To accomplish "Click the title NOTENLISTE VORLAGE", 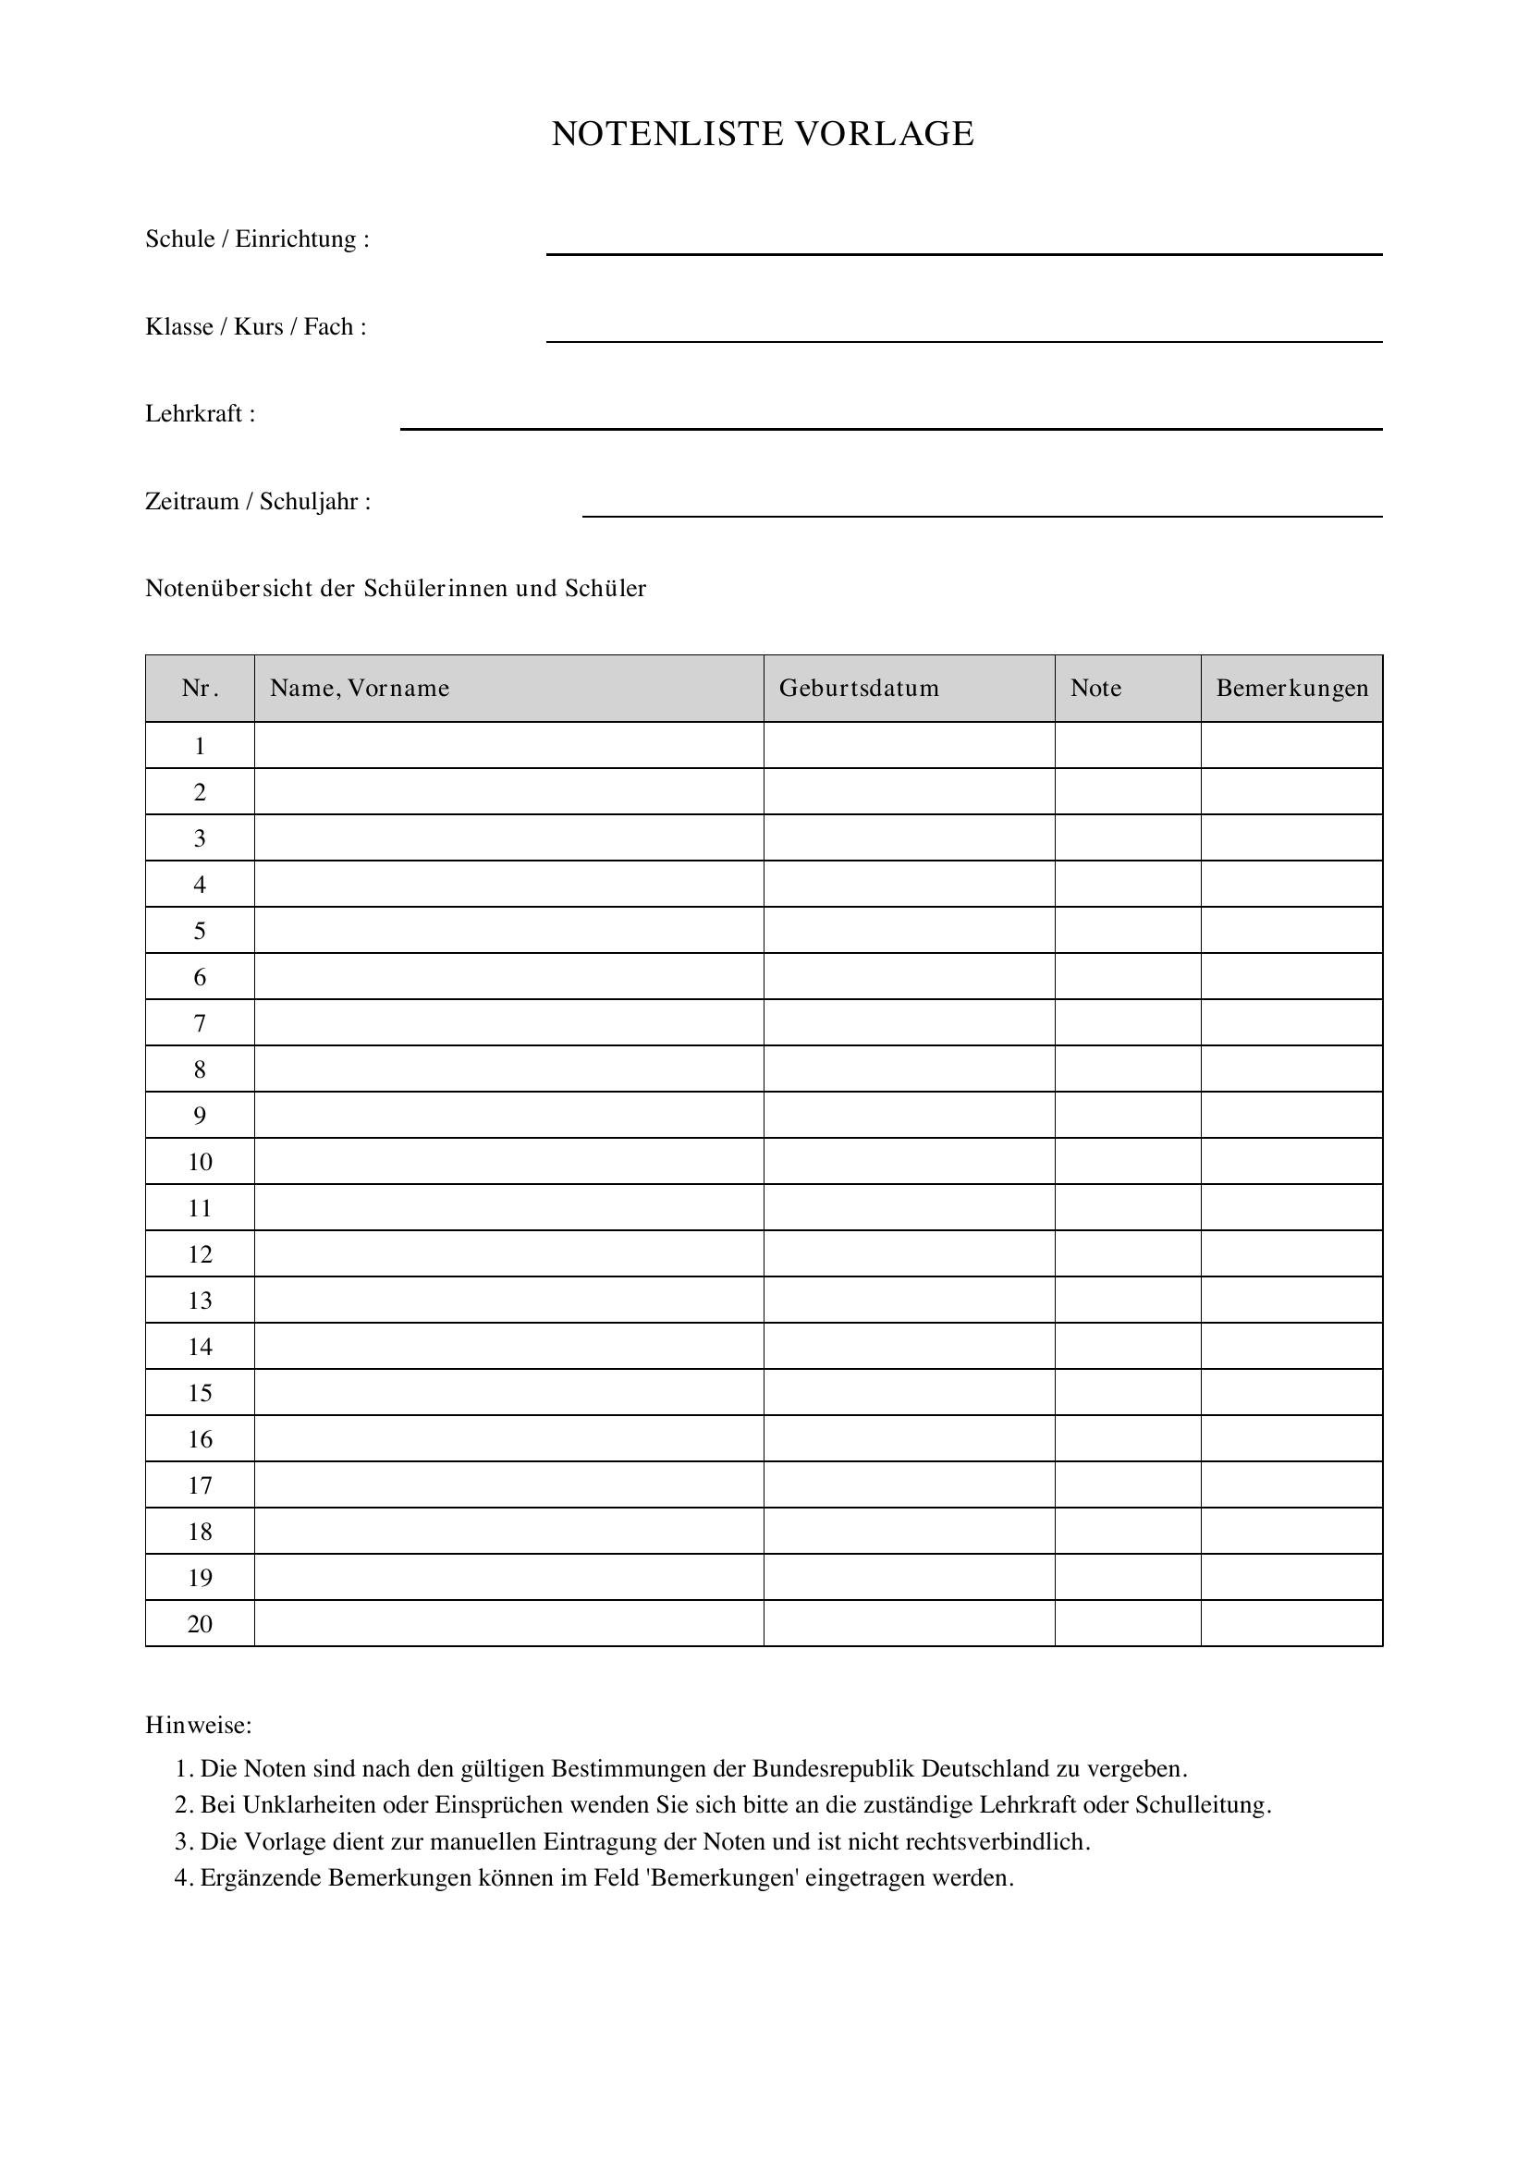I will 763,134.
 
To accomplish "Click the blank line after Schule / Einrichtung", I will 963,251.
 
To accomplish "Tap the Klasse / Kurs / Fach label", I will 255,326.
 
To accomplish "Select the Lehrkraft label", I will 200,414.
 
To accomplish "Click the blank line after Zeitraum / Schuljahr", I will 982,514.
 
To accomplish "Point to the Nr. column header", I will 200,689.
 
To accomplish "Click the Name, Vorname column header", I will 360,689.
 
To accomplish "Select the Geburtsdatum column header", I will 859,689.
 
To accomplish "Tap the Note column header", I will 1096,689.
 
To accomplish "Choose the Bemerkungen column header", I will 1291,689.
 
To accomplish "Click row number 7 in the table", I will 200,1022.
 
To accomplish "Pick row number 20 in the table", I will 200,1623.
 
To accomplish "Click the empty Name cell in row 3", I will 508,838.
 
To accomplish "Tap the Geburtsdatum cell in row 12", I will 909,1253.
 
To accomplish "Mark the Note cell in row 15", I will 1127,1393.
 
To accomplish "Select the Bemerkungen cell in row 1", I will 1291,746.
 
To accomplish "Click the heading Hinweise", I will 199,1725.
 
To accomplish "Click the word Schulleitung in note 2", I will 1203,1805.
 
